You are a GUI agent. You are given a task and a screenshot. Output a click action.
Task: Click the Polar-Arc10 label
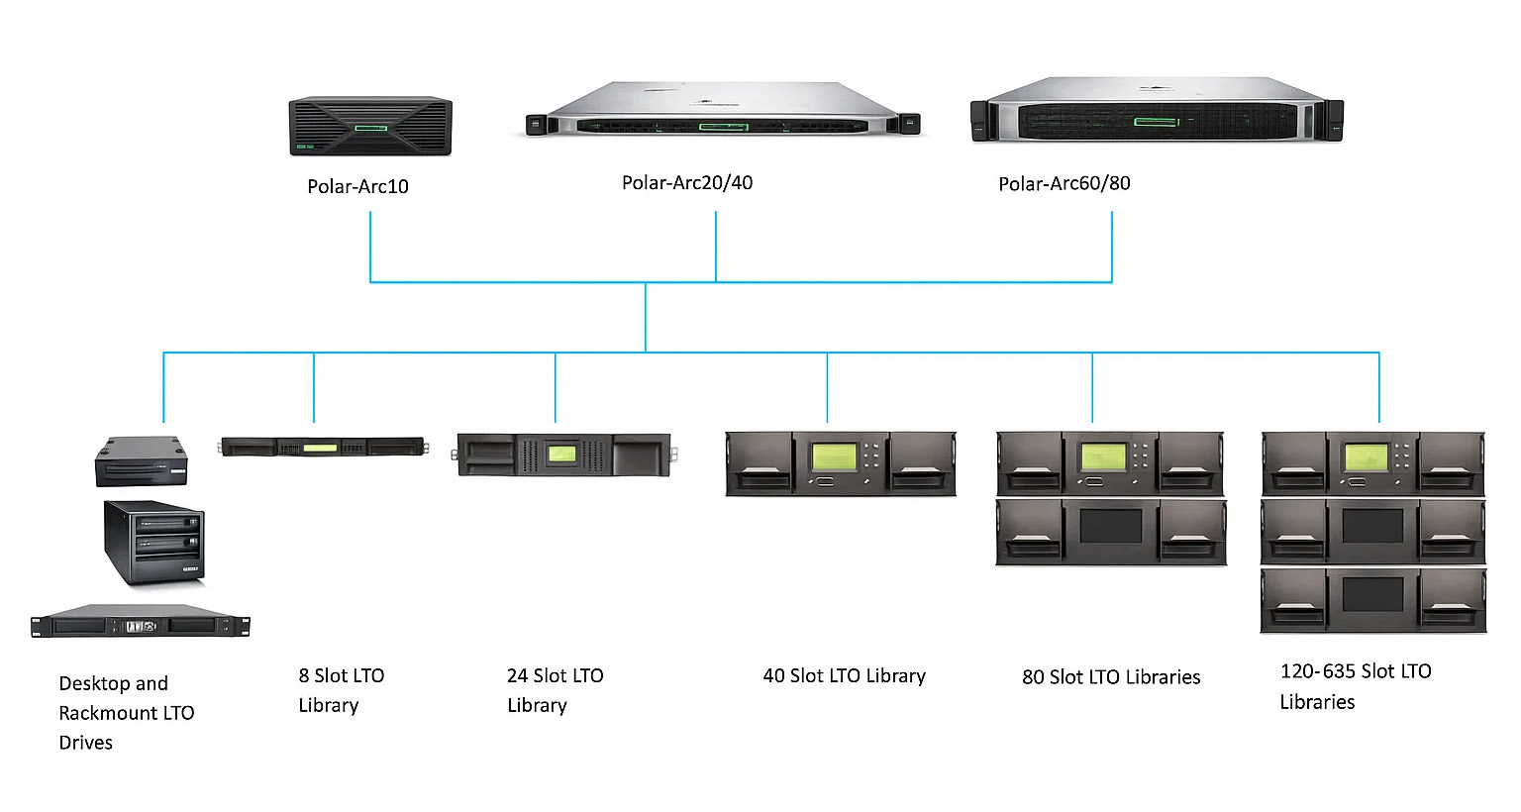tap(357, 186)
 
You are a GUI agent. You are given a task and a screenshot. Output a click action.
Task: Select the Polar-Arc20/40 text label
tap(687, 182)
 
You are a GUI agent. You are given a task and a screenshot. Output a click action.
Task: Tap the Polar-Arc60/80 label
tap(1064, 183)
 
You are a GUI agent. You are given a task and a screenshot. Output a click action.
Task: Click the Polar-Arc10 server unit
tap(370, 126)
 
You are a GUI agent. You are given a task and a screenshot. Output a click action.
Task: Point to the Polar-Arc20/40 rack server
tap(723, 111)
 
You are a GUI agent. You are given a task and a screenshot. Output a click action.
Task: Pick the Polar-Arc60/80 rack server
tap(1157, 111)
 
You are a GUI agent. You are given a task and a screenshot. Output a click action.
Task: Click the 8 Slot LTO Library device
tap(323, 448)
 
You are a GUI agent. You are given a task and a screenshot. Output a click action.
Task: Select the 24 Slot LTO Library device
tap(563, 455)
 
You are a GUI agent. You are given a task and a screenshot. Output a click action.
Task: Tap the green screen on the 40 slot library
tap(834, 457)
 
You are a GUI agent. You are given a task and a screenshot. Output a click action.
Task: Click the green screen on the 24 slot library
tap(561, 454)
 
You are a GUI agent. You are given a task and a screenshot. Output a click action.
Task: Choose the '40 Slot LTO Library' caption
tap(844, 676)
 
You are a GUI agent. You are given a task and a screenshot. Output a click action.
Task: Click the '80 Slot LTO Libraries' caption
tap(1111, 677)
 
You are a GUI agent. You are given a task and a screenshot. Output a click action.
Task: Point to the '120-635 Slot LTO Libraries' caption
tap(1355, 686)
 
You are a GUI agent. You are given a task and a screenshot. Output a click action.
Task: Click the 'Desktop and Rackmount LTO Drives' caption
tap(126, 713)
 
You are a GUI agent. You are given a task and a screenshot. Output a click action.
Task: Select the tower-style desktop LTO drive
tap(154, 542)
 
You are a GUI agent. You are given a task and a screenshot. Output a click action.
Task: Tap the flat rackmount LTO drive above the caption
tap(140, 624)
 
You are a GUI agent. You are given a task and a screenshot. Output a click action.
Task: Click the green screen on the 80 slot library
tap(1103, 457)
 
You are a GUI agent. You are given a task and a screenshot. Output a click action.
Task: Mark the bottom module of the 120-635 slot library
tap(1372, 600)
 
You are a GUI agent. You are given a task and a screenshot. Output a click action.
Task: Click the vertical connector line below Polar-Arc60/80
tap(1112, 247)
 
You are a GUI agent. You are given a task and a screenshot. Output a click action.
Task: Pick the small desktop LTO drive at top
tap(141, 461)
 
